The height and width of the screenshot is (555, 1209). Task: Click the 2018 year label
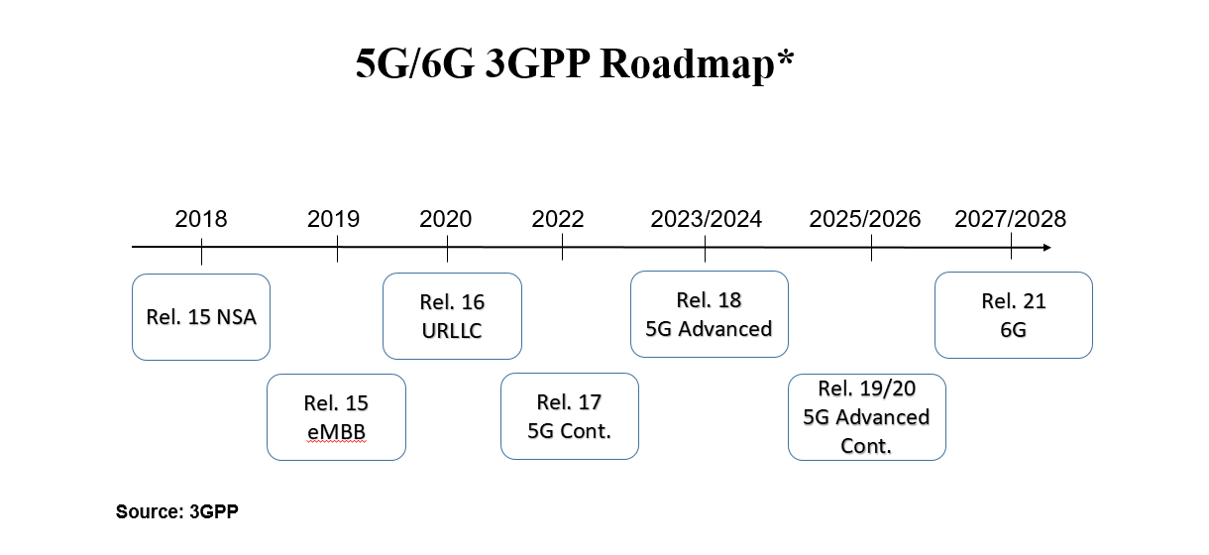coord(201,219)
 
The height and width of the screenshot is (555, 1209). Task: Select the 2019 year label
coord(333,219)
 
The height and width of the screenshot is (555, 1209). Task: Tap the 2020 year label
coord(445,219)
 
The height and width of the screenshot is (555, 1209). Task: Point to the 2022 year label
coord(558,219)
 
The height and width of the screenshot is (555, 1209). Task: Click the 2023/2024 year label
coord(706,219)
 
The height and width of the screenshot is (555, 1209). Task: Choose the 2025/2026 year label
coord(865,219)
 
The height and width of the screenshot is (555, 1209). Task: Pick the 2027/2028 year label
coord(1011,219)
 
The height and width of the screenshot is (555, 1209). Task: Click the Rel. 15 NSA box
coord(201,317)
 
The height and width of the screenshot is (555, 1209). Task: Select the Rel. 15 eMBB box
coord(336,417)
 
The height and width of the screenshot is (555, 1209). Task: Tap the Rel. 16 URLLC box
coord(452,316)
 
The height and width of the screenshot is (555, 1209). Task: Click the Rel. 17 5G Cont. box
coord(570,416)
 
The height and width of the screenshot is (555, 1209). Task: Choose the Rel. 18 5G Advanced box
coord(710,314)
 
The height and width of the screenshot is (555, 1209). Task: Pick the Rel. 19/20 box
coord(867,417)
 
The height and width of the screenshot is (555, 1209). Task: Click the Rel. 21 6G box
coord(1014,315)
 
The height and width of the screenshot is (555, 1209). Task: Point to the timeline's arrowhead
coord(1047,248)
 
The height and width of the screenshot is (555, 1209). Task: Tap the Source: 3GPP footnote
coord(177,511)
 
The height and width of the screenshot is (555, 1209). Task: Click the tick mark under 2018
coord(201,252)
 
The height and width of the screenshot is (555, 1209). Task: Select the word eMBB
coord(336,432)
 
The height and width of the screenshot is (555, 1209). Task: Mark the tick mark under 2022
coord(563,247)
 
